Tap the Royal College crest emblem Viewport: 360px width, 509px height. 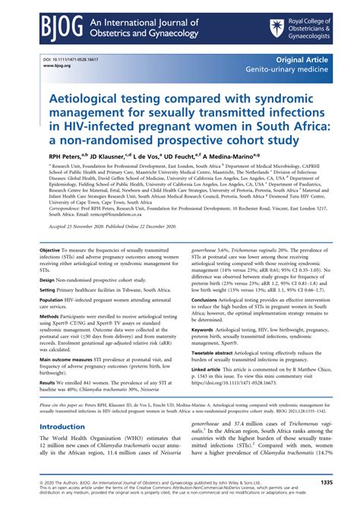277,28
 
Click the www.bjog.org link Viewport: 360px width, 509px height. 56,65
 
